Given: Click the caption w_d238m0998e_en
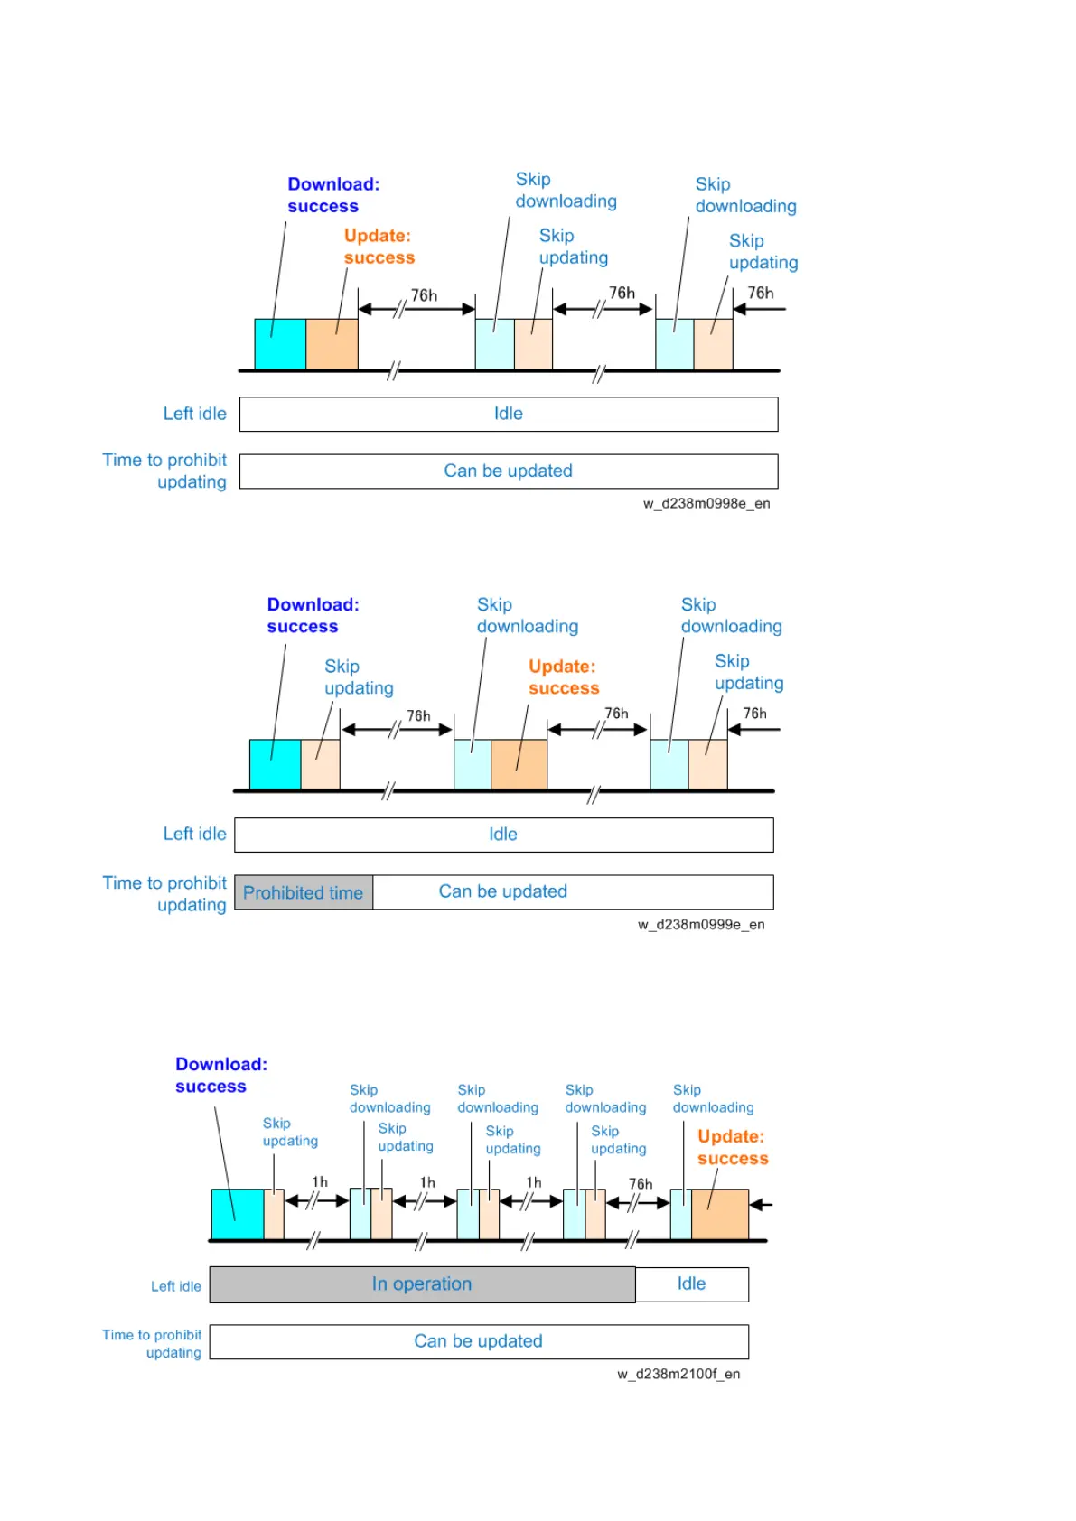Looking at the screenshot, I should pos(706,503).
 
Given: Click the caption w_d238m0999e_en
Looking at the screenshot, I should pos(700,924).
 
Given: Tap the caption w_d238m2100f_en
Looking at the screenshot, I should pos(678,1374).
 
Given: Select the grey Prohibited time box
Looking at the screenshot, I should pos(304,892).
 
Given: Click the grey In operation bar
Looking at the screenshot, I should pos(422,1284).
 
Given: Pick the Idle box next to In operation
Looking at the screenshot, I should pos(691,1284).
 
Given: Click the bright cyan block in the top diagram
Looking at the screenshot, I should pos(280,344).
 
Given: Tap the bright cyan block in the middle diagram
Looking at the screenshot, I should pos(275,765).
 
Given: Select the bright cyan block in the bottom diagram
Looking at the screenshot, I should pos(237,1214).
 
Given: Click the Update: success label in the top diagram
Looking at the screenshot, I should pos(379,247).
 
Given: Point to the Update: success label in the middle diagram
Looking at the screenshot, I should pos(563,677).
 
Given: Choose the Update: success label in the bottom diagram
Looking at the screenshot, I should pos(732,1147).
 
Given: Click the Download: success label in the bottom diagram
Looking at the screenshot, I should pos(220,1075).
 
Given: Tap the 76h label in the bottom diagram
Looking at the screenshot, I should pos(641,1184).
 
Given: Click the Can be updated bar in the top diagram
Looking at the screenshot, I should pos(508,471).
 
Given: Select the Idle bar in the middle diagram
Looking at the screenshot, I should pos(503,835).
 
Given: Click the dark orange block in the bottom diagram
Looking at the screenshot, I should pos(719,1214).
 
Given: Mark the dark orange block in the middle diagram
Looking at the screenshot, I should pos(519,765).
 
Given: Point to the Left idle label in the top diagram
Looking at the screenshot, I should pos(194,414).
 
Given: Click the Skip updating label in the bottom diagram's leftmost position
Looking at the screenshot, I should pos(290,1132).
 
